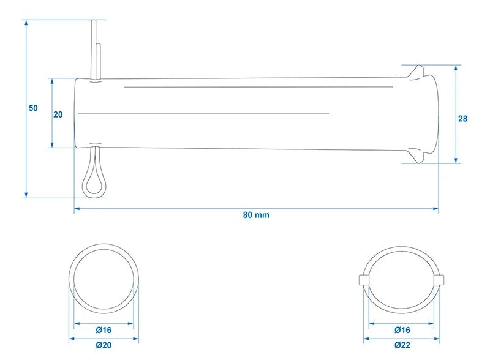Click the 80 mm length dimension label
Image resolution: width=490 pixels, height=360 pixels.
point(256,215)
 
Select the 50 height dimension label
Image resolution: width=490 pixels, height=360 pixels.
point(33,108)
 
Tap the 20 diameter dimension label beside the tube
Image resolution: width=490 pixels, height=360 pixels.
point(58,114)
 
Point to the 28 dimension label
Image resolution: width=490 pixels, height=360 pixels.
point(462,119)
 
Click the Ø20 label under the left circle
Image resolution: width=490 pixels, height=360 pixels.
point(104,345)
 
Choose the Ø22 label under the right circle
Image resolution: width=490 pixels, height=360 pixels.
point(402,345)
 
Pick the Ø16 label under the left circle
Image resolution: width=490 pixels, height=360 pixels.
point(104,330)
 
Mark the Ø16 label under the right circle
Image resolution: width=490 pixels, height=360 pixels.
point(402,330)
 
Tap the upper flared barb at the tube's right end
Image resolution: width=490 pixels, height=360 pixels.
point(417,72)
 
